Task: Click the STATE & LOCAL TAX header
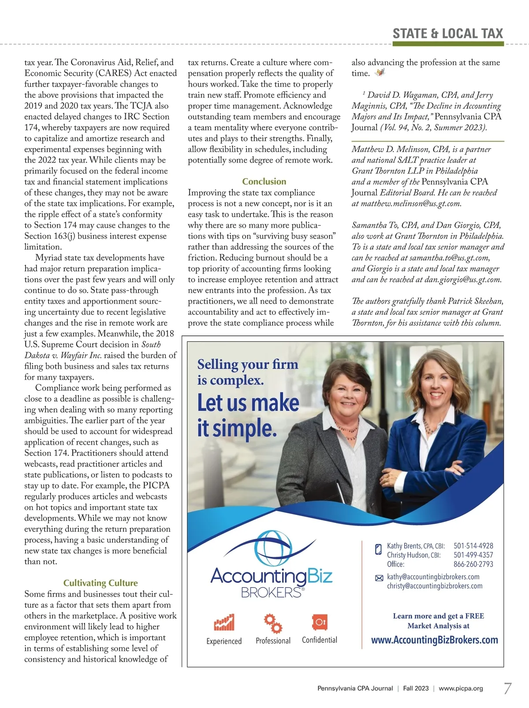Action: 447,34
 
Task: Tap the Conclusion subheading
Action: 264,182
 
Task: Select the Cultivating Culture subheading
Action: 101,583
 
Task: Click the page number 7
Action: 508,688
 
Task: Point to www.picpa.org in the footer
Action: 461,688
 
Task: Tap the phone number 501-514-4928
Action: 473,546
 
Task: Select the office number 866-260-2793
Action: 473,564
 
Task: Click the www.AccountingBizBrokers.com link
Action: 434,640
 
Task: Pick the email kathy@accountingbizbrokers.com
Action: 433,577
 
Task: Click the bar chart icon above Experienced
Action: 224,622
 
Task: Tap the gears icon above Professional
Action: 273,622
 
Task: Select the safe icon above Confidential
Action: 319,622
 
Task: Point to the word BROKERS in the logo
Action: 271,592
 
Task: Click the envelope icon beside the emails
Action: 379,578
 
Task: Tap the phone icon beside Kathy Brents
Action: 378,549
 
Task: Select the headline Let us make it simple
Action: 248,415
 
